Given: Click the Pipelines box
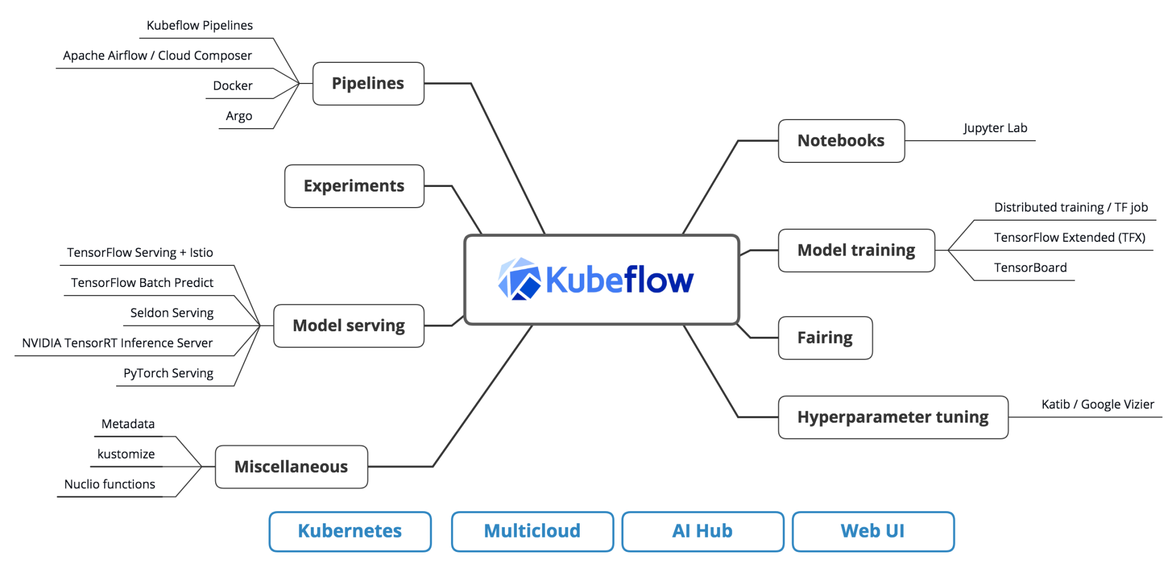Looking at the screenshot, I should click(x=368, y=83).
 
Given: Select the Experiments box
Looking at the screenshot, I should click(x=354, y=186).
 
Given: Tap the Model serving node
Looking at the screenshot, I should click(x=349, y=325).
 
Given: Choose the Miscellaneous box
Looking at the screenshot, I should click(x=291, y=467).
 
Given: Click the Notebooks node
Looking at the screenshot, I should click(x=841, y=141).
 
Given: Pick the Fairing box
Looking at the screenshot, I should click(x=825, y=337).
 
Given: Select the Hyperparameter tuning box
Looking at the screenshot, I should click(x=892, y=417).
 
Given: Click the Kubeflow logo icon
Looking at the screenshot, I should click(x=519, y=279).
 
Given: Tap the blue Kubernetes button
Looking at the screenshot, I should click(x=350, y=531).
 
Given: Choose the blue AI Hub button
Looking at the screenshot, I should click(x=702, y=531).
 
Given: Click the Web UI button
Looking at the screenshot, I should click(x=873, y=531).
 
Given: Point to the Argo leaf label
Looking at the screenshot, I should click(x=239, y=116).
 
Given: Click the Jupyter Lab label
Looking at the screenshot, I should click(x=995, y=128).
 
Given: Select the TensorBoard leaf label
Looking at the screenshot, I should click(x=1030, y=268).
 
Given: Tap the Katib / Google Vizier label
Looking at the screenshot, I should click(x=1097, y=404).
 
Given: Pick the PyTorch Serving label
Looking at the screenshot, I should click(x=168, y=373).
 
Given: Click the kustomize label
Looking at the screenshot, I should click(x=126, y=454).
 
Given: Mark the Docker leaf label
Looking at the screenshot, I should click(x=232, y=86).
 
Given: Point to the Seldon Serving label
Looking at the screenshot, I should click(x=172, y=313).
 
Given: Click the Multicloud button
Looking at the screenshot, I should click(x=532, y=531).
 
